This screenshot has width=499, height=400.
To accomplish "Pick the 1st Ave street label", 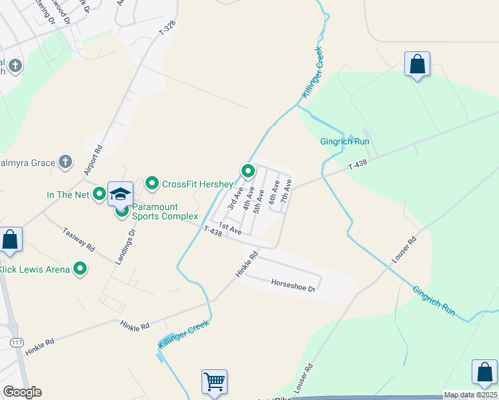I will [230, 228].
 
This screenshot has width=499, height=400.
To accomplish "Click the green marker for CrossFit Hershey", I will [152, 183].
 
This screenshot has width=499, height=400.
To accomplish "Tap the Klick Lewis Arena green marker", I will [81, 269].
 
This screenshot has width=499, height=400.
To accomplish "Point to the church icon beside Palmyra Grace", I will [65, 161].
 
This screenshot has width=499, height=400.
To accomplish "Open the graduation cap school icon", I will [121, 194].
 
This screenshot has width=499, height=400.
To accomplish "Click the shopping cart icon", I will [215, 382].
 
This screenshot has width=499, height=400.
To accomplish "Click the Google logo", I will [22, 392].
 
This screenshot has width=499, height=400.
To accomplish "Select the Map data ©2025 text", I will [470, 395].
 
